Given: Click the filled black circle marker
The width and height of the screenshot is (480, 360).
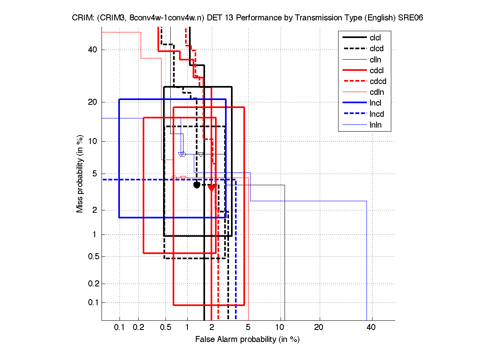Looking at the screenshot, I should pyautogui.click(x=197, y=185).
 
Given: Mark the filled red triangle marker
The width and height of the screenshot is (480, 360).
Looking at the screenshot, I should pyautogui.click(x=212, y=188).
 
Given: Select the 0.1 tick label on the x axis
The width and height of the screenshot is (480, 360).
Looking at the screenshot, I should pyautogui.click(x=120, y=327).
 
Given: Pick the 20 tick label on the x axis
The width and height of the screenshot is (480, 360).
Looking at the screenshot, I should pyautogui.click(x=319, y=327).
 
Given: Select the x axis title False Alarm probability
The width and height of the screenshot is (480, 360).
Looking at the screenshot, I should pyautogui.click(x=247, y=340).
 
